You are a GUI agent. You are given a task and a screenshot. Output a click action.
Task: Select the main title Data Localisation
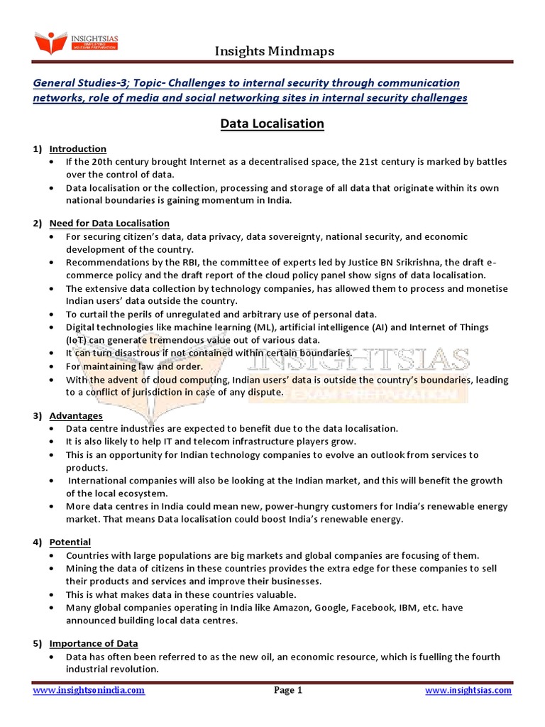(272, 124)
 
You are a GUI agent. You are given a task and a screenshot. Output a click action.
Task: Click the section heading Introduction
(78, 149)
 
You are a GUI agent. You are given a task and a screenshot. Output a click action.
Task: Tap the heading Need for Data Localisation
(109, 224)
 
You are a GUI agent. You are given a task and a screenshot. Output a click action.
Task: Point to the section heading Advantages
(76, 415)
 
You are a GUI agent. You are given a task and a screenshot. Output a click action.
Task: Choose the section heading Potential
(70, 542)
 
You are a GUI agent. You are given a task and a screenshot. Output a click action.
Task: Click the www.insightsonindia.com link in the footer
(89, 690)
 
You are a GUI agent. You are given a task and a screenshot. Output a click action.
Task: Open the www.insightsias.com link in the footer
(468, 690)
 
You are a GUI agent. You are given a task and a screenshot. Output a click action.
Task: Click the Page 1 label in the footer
(288, 690)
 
